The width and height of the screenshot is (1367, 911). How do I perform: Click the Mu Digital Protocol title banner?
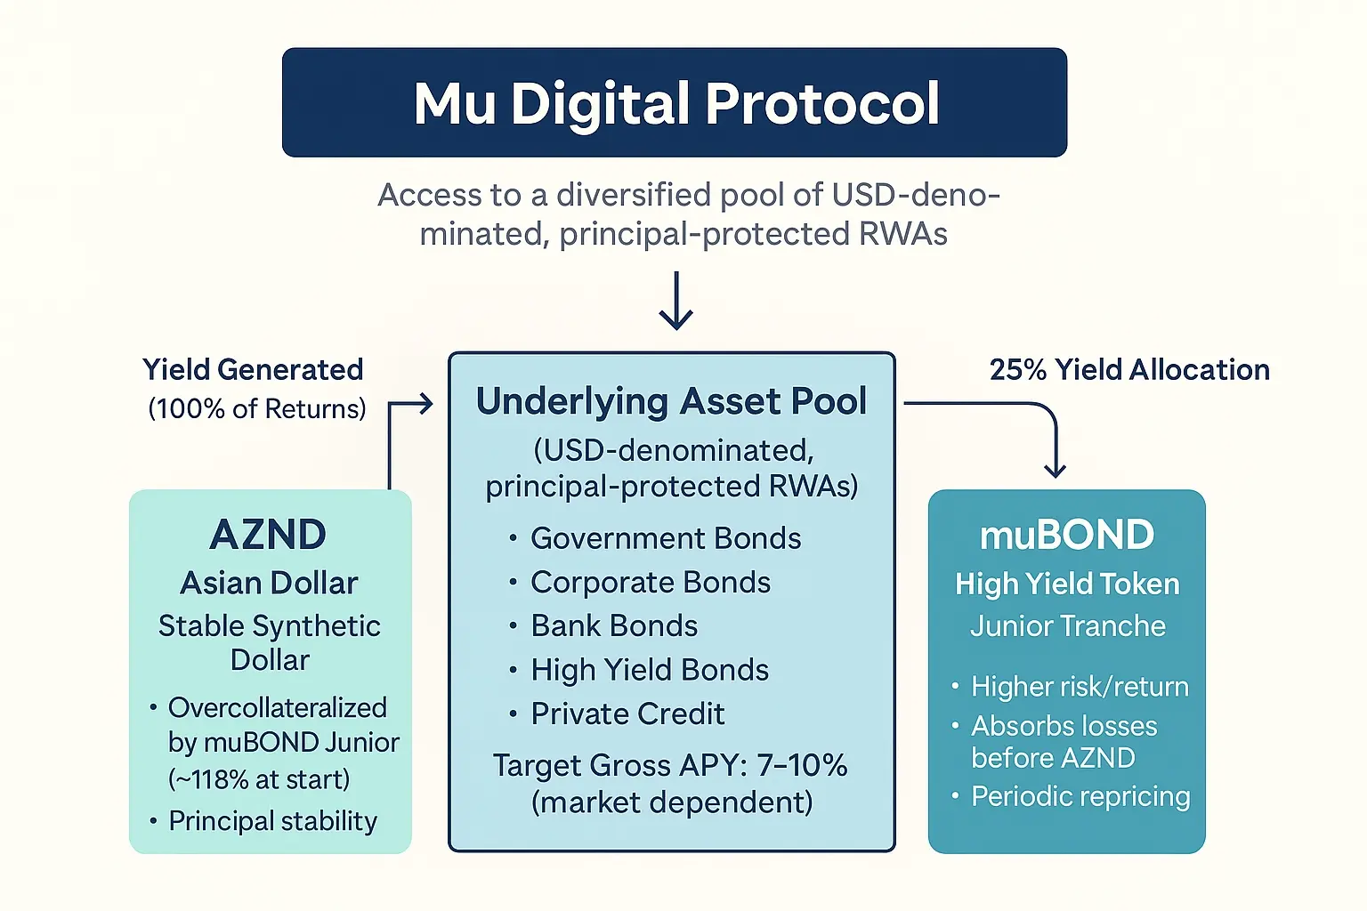pyautogui.click(x=675, y=102)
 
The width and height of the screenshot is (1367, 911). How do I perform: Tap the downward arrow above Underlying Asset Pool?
pyautogui.click(x=676, y=302)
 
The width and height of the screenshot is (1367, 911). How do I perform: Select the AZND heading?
pyautogui.click(x=269, y=535)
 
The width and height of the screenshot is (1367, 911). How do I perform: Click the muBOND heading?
pyautogui.click(x=1067, y=535)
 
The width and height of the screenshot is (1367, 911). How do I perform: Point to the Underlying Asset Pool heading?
pyautogui.click(x=671, y=401)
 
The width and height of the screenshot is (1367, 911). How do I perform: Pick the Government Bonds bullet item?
pyautogui.click(x=665, y=538)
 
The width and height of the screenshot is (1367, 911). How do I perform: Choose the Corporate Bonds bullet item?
pyautogui.click(x=650, y=582)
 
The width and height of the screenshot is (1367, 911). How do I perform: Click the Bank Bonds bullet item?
pyautogui.click(x=613, y=625)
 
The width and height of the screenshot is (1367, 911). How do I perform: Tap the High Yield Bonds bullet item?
pyautogui.click(x=649, y=670)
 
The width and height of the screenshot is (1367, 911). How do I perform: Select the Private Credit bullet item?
pyautogui.click(x=627, y=713)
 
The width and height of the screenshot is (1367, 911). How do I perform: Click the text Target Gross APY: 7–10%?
pyautogui.click(x=670, y=765)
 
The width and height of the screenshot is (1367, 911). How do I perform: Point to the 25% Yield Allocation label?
pyautogui.click(x=1129, y=369)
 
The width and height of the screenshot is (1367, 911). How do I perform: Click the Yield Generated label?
pyautogui.click(x=253, y=369)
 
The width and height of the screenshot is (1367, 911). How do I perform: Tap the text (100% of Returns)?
pyautogui.click(x=257, y=408)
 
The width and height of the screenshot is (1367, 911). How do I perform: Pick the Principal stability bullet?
pyautogui.click(x=272, y=820)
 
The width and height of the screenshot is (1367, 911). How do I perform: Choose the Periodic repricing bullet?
pyautogui.click(x=1080, y=796)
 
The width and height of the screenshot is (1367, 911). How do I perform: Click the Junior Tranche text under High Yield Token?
pyautogui.click(x=1067, y=625)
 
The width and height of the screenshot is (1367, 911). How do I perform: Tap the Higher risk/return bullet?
pyautogui.click(x=1079, y=686)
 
